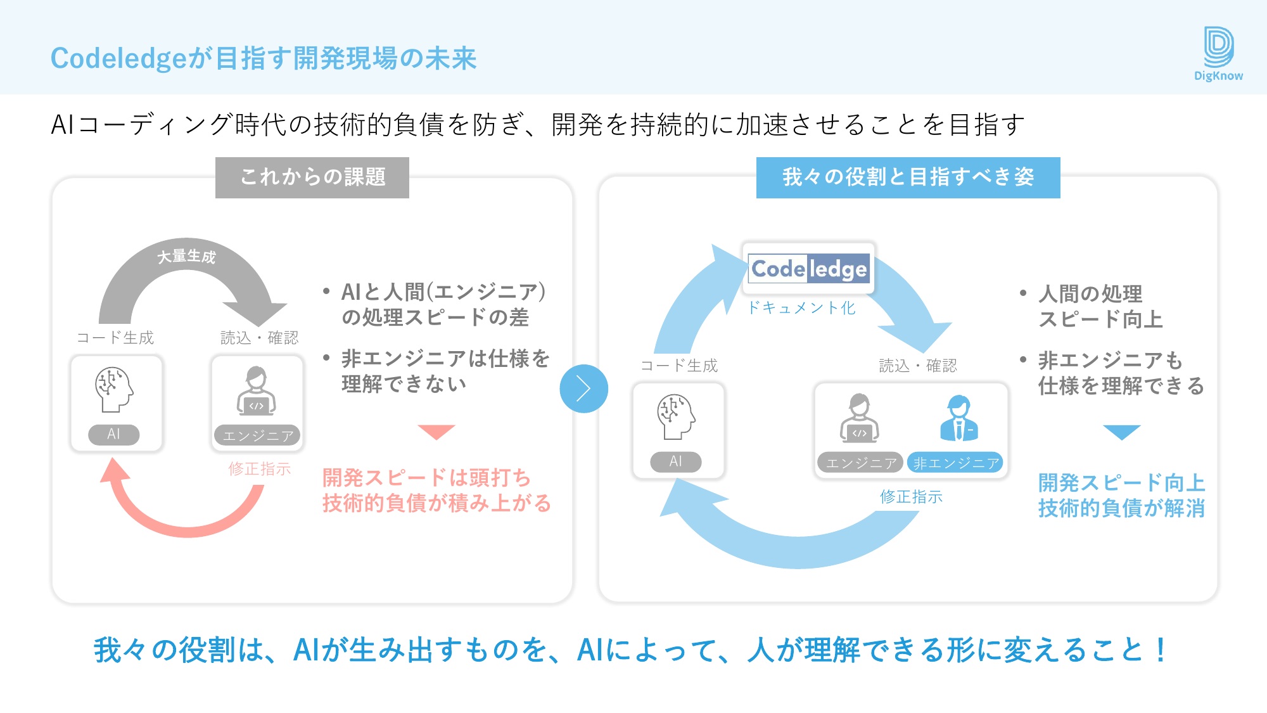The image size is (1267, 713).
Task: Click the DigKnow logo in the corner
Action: pyautogui.click(x=1218, y=54)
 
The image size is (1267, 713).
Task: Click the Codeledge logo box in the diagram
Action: pyautogui.click(x=808, y=269)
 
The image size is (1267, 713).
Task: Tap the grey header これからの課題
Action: pyautogui.click(x=312, y=177)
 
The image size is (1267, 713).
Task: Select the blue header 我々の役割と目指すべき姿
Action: pyautogui.click(x=908, y=177)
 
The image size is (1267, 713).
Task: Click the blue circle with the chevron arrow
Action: pyautogui.click(x=583, y=389)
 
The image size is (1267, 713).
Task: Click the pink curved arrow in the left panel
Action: pyautogui.click(x=184, y=520)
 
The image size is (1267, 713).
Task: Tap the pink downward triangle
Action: pyautogui.click(x=436, y=431)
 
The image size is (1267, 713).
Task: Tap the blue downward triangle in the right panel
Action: pyautogui.click(x=1121, y=432)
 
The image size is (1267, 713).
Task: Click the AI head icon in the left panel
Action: pyautogui.click(x=114, y=389)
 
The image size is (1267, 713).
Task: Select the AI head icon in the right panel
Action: pyautogui.click(x=676, y=416)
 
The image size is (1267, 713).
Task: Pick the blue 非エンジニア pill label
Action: pyautogui.click(x=955, y=463)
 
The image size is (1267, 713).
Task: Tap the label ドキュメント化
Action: pyautogui.click(x=801, y=308)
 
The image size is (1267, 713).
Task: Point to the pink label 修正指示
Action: pyautogui.click(x=260, y=469)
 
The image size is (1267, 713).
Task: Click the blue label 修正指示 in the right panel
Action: pyautogui.click(x=911, y=497)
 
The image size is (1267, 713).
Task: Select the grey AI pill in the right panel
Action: pyautogui.click(x=676, y=461)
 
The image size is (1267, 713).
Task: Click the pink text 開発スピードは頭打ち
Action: pyautogui.click(x=426, y=477)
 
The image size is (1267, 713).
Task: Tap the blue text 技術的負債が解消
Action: pyautogui.click(x=1121, y=508)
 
